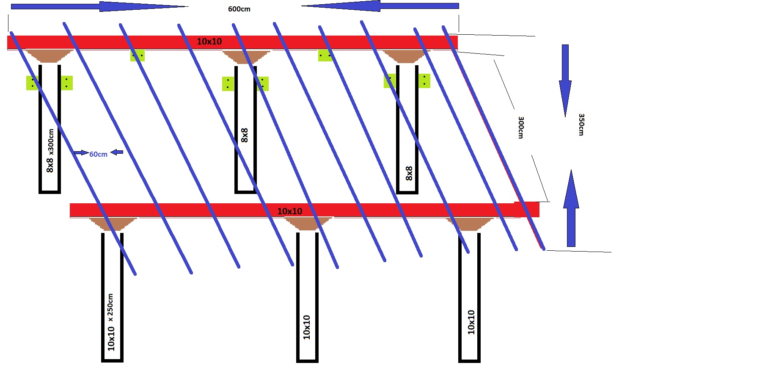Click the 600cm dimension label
(239, 9)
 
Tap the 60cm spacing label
(98, 154)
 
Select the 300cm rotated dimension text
(521, 127)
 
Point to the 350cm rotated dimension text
(581, 125)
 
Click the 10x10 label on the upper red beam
(209, 42)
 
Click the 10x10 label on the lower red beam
(290, 211)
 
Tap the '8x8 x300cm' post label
(50, 151)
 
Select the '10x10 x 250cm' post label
(111, 322)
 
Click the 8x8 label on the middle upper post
(245, 135)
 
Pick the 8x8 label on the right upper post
(409, 173)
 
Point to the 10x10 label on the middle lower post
(307, 327)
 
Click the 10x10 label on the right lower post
(471, 322)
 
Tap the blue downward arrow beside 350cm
(565, 80)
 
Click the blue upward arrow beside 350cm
(571, 208)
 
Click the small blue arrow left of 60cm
(81, 152)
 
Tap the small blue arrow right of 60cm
(117, 152)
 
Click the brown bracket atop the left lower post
(113, 224)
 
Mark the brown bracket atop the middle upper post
(246, 57)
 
